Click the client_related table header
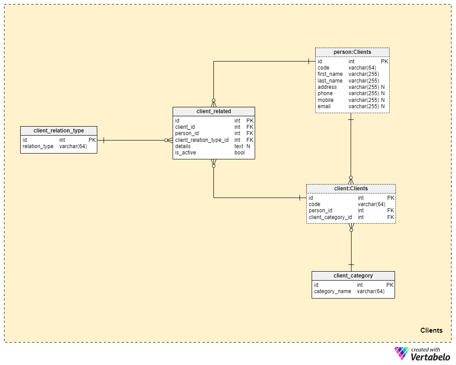214,111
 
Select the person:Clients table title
352,52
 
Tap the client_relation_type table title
59,131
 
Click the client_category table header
353,276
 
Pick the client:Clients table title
351,189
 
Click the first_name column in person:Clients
330,74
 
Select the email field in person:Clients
324,106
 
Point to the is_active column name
186,153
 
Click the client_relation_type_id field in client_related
202,140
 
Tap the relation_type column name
38,146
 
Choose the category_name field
332,291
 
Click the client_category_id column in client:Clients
330,217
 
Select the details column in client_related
183,146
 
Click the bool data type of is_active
239,153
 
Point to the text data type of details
239,146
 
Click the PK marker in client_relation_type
92,140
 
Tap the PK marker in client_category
390,285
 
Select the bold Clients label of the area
431,330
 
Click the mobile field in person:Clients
326,100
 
